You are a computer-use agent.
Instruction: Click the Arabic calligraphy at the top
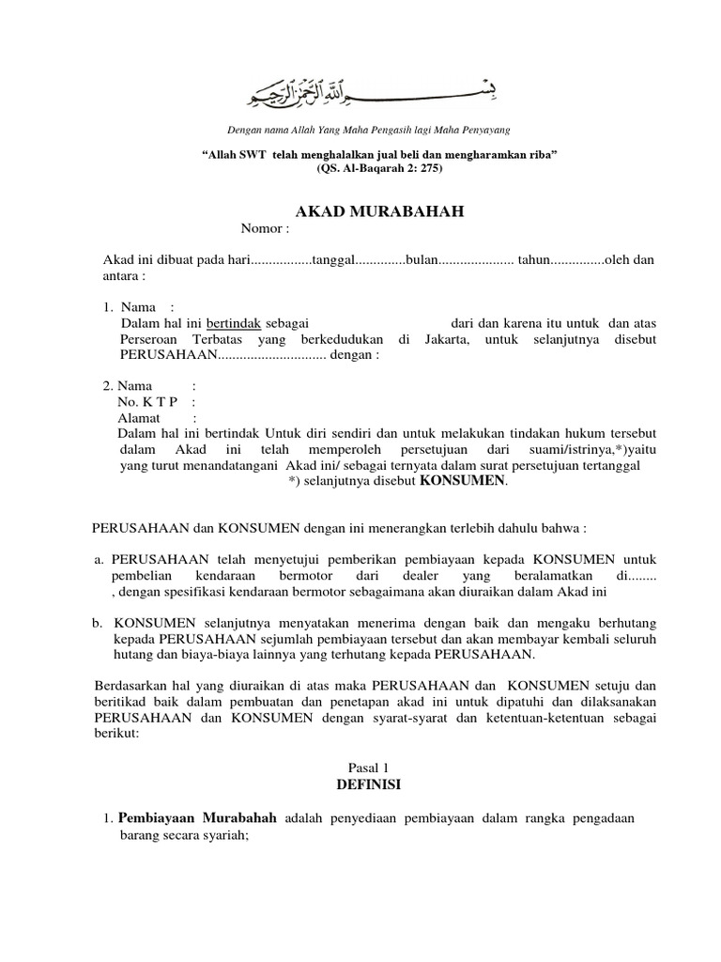pyautogui.click(x=370, y=90)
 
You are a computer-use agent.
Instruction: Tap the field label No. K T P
pyautogui.click(x=147, y=402)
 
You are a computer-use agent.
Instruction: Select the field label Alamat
pyautogui.click(x=139, y=418)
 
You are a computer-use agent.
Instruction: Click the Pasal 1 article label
pyautogui.click(x=368, y=767)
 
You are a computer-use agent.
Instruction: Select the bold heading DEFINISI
pyautogui.click(x=368, y=783)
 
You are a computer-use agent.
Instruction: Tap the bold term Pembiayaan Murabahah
pyautogui.click(x=197, y=818)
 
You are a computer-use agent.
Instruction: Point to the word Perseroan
pyautogui.click(x=150, y=338)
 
